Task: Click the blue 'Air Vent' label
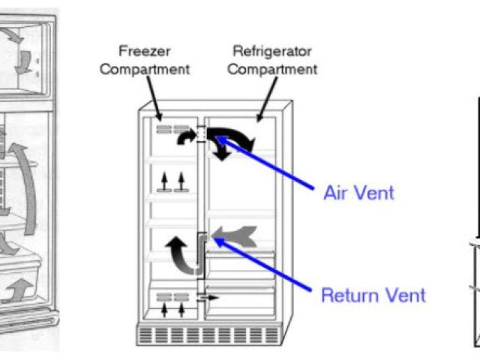358,193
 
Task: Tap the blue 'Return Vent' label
373,294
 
